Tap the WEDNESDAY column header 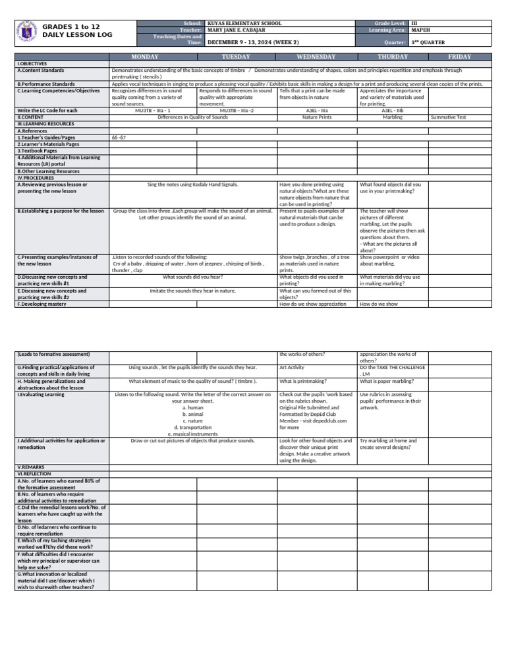[316, 57]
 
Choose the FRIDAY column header [459, 57]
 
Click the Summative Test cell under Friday [448, 117]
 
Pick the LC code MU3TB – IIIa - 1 [153, 111]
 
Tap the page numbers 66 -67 [119, 138]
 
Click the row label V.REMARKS [30, 467]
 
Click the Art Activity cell [292, 368]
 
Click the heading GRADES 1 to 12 [71, 27]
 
